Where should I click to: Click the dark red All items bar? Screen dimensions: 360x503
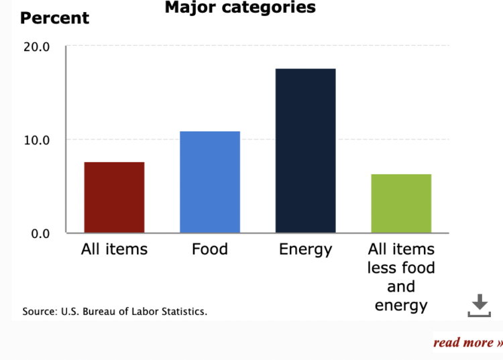[114, 198]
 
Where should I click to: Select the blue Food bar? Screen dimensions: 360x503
[210, 182]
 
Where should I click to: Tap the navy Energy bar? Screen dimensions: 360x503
[306, 151]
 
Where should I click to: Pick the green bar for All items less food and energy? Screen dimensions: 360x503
[401, 204]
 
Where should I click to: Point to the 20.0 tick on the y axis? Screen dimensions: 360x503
[36, 47]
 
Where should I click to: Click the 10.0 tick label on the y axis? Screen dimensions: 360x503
[36, 140]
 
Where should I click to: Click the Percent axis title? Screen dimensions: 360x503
[54, 18]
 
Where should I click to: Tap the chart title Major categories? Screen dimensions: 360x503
[240, 7]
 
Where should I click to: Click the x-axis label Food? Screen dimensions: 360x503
[210, 249]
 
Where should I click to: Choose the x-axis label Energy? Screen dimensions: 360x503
[306, 249]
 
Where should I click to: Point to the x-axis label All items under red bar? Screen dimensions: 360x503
[114, 249]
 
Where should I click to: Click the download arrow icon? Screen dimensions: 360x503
[479, 305]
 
